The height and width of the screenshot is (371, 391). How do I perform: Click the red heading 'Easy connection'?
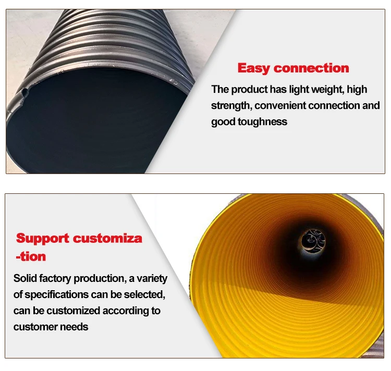tap(293, 68)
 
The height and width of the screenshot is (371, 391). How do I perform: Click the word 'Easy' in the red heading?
tap(254, 68)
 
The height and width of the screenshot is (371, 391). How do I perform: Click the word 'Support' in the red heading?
tap(42, 239)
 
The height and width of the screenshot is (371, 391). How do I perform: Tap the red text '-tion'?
tap(31, 256)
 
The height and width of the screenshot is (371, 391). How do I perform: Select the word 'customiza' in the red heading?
tap(107, 239)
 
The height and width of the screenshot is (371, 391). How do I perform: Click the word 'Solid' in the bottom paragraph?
tap(26, 278)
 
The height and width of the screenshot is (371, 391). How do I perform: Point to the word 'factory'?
tap(56, 278)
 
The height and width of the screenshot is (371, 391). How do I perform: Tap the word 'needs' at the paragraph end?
tap(76, 327)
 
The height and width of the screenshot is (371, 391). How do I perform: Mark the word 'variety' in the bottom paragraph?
tap(151, 278)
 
